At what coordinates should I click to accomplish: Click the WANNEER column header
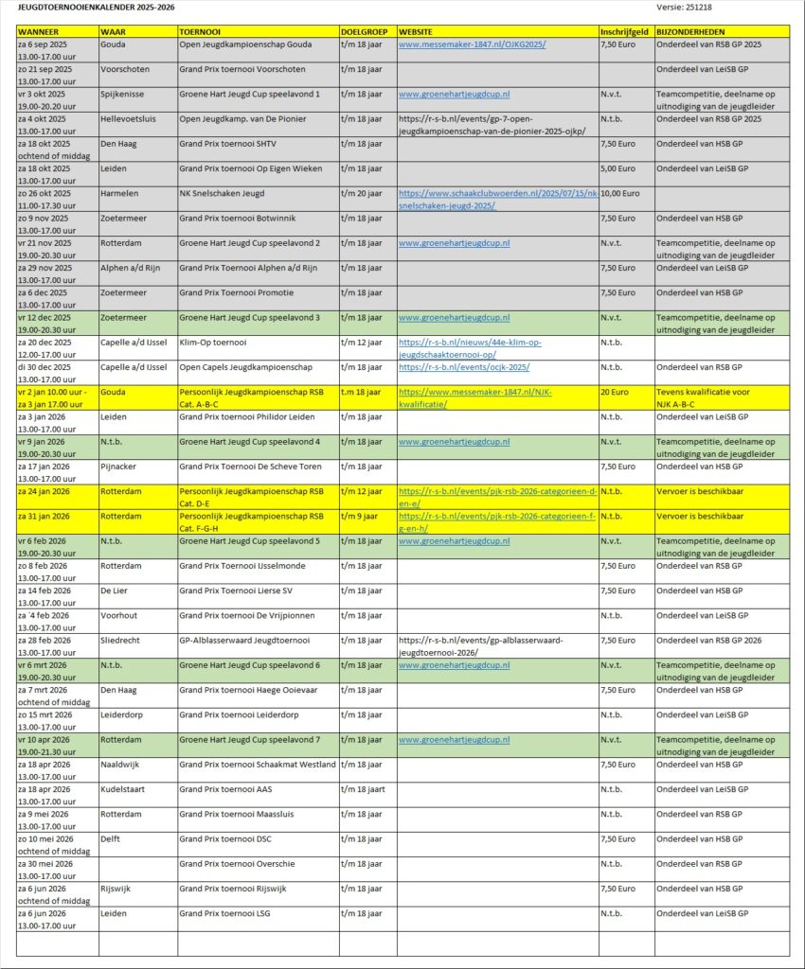click(38, 32)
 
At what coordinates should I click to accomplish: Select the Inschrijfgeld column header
click(624, 32)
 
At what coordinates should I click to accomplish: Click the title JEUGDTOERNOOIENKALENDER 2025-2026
click(96, 8)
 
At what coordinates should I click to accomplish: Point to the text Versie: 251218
click(685, 8)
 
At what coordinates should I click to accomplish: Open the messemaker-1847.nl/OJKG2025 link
click(472, 44)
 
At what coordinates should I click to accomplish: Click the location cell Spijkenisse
click(124, 95)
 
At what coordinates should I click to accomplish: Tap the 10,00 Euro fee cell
click(620, 193)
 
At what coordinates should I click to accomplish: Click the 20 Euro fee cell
click(612, 391)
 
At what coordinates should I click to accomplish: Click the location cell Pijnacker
click(120, 466)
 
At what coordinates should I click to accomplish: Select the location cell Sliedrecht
click(121, 640)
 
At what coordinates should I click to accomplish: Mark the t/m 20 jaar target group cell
click(361, 193)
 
